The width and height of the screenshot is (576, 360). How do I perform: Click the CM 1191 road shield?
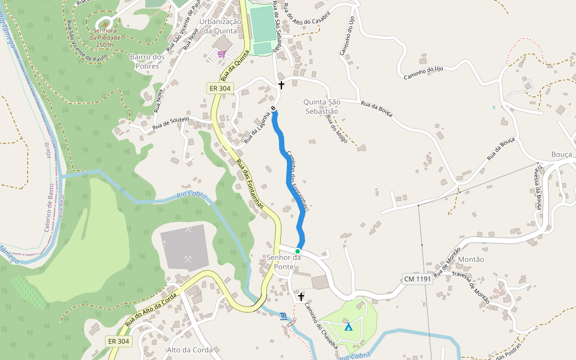417,280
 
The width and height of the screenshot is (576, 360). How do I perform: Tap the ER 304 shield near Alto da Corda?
119,341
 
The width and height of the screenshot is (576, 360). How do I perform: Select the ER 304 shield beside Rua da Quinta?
220,88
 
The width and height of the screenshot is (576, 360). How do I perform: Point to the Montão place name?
471,259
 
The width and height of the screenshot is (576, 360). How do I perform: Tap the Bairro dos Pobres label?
147,61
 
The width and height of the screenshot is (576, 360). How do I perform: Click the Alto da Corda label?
190,350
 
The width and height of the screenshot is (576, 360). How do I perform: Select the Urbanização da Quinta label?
222,26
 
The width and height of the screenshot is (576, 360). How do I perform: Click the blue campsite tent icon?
348,327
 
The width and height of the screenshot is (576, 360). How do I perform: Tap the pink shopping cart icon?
222,54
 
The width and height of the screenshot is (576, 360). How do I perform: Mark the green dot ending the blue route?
298,251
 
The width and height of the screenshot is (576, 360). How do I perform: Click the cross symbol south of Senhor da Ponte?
301,297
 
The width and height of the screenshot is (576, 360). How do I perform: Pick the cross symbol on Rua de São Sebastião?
281,85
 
